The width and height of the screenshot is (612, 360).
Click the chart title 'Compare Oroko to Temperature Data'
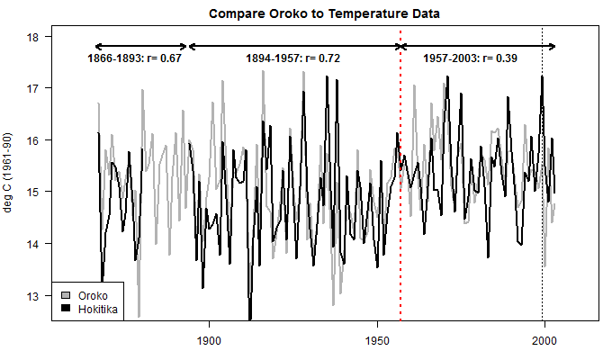point(324,14)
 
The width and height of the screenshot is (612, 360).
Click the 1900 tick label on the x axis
point(209,341)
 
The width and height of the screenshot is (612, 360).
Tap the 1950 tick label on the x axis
point(375,341)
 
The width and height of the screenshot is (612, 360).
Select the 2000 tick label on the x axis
point(543,341)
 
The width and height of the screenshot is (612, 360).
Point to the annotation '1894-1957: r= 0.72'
point(292,58)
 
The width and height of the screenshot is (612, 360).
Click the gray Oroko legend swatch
point(65,295)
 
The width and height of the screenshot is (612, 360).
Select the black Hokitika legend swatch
point(65,308)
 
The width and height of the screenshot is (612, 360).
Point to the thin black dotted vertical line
point(543,270)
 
